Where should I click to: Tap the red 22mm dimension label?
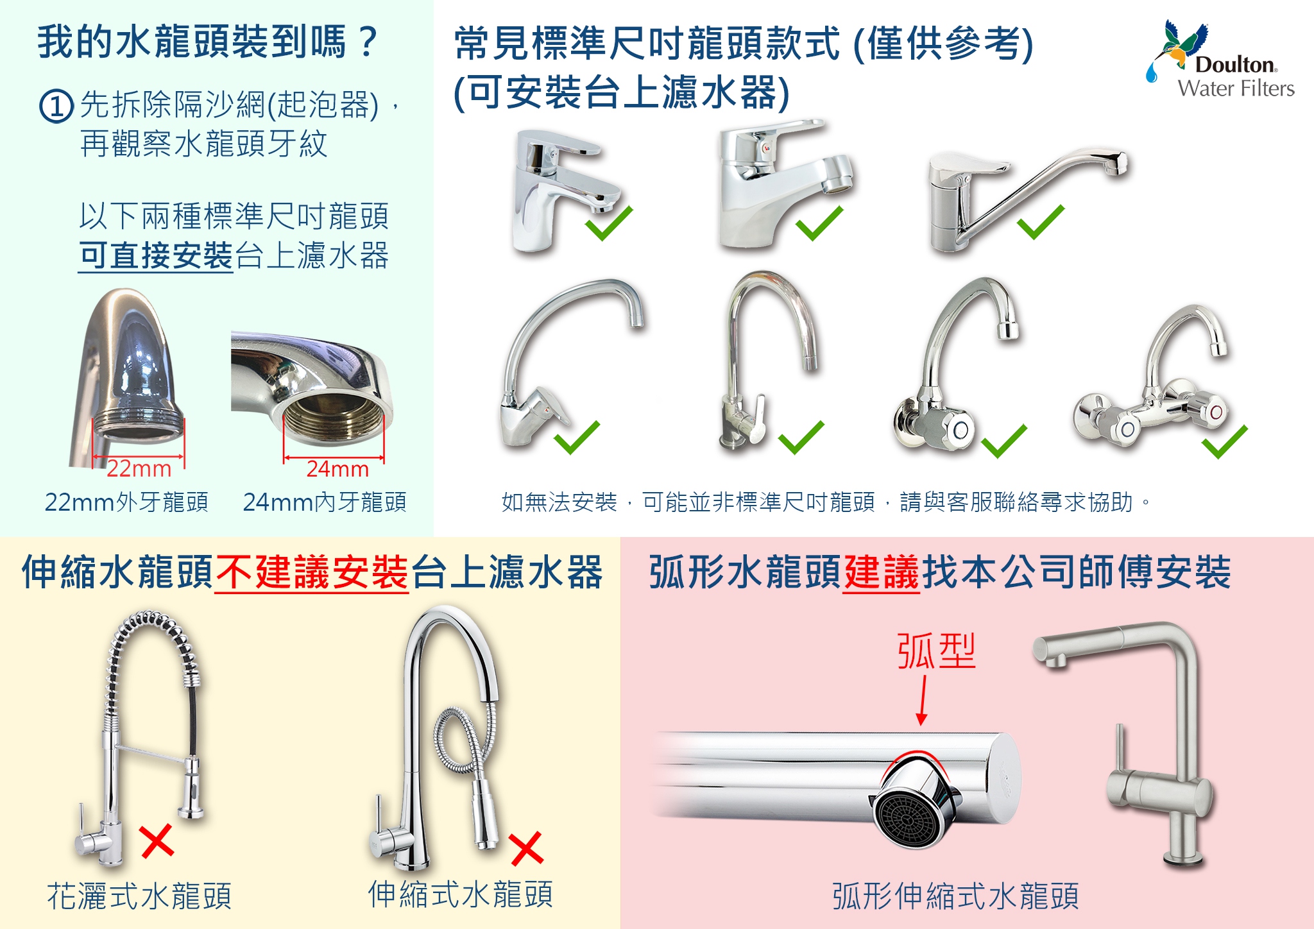(139, 468)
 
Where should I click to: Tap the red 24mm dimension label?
(337, 469)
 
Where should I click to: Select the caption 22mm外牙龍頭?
(126, 502)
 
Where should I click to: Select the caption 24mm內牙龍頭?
(325, 502)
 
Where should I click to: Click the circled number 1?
(56, 106)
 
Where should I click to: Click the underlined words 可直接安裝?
(156, 255)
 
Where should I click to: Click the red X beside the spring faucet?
(157, 841)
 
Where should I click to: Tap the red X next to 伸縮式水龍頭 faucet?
(527, 848)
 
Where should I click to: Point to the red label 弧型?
(935, 651)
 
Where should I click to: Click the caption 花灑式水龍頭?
(139, 896)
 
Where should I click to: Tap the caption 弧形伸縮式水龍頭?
(955, 896)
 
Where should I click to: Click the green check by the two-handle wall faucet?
(1224, 442)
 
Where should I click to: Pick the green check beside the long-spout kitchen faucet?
(1040, 222)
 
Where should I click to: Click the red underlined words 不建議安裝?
(312, 572)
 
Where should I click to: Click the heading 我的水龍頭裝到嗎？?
(208, 42)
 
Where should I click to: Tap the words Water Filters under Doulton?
(1236, 89)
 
